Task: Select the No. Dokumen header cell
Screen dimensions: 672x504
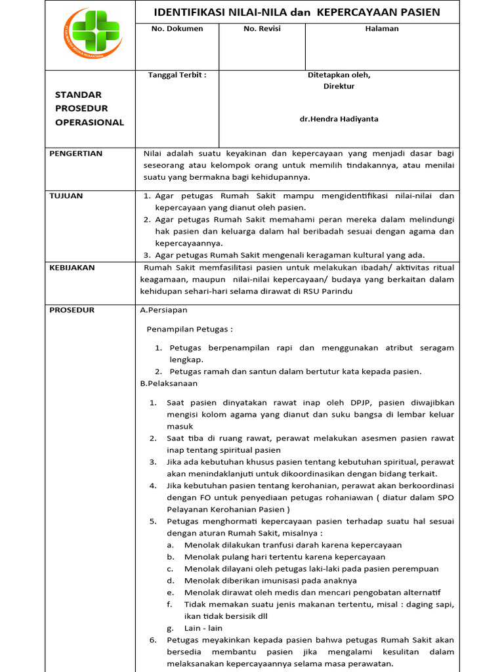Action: pyautogui.click(x=177, y=29)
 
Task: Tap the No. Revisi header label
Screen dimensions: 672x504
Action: pyautogui.click(x=262, y=29)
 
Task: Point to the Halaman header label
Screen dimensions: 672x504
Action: pyautogui.click(x=382, y=29)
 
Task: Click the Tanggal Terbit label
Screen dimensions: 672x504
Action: pyautogui.click(x=177, y=75)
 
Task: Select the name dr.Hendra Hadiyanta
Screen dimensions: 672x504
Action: pyautogui.click(x=339, y=119)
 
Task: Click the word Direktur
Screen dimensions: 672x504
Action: pyautogui.click(x=339, y=86)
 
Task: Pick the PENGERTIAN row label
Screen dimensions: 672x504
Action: pyautogui.click(x=76, y=154)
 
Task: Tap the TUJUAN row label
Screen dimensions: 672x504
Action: pyautogui.click(x=66, y=196)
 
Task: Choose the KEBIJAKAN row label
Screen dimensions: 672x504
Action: pyautogui.click(x=72, y=268)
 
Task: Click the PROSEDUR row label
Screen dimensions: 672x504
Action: pyautogui.click(x=72, y=310)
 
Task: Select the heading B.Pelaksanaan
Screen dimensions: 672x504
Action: pyautogui.click(x=169, y=383)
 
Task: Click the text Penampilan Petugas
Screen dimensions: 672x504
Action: pyautogui.click(x=189, y=329)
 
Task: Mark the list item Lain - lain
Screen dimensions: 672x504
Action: pyautogui.click(x=203, y=628)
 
